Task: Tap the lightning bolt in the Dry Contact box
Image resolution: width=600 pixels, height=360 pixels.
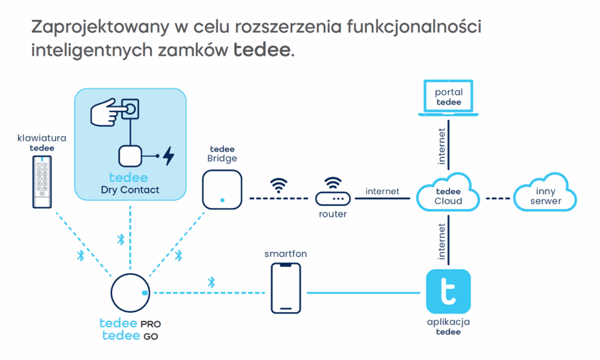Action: tap(168, 156)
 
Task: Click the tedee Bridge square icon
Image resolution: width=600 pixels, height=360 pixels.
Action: tap(222, 189)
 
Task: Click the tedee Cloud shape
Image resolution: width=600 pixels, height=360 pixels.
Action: tap(448, 193)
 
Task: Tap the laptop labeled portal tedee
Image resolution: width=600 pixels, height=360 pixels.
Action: tap(448, 99)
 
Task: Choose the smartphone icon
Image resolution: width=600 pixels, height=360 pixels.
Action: tap(286, 287)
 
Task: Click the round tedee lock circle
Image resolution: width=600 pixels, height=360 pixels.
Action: tap(129, 293)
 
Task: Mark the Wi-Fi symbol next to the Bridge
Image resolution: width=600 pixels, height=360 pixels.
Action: tap(278, 185)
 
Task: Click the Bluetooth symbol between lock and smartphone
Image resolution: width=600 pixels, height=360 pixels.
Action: tap(212, 283)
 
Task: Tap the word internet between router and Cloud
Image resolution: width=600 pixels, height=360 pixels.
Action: tap(382, 191)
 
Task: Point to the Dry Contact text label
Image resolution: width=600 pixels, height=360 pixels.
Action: tap(130, 190)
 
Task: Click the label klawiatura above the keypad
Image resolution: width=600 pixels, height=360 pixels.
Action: tap(42, 138)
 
